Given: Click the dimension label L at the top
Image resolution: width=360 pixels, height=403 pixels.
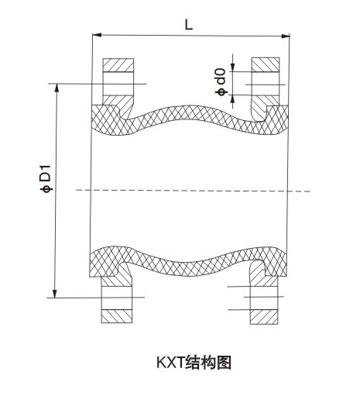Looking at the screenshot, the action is (x=189, y=25).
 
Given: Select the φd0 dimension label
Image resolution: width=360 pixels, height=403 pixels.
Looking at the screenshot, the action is (x=221, y=82).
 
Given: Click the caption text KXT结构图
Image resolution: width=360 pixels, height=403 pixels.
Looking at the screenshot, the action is (x=194, y=363).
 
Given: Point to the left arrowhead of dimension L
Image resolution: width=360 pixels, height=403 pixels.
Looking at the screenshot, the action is (x=97, y=35).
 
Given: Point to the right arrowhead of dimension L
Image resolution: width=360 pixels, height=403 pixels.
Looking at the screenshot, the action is (x=285, y=36).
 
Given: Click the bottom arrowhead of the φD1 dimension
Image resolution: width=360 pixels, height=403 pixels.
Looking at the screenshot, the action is (x=55, y=293).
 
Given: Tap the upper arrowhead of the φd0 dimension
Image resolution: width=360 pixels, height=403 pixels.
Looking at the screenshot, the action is (x=233, y=67).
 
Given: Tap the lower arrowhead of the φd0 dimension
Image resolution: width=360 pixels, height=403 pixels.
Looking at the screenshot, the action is (x=233, y=99).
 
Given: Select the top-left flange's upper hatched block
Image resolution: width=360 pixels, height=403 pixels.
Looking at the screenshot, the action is (x=118, y=65).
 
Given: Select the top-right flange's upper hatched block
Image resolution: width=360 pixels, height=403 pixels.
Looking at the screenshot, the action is (x=266, y=64).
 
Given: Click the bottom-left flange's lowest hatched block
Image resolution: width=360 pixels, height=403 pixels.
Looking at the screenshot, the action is (x=117, y=316).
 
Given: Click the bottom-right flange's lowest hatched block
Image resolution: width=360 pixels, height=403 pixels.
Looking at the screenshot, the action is (x=264, y=317).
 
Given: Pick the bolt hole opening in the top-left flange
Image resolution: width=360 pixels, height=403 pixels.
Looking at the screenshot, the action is (x=118, y=84).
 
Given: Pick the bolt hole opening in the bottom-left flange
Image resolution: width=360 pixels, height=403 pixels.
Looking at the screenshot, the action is (x=117, y=298).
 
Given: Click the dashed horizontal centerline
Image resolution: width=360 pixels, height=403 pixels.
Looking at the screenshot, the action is (x=193, y=191).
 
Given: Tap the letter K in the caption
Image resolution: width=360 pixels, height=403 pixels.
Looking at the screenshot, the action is (x=160, y=363).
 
